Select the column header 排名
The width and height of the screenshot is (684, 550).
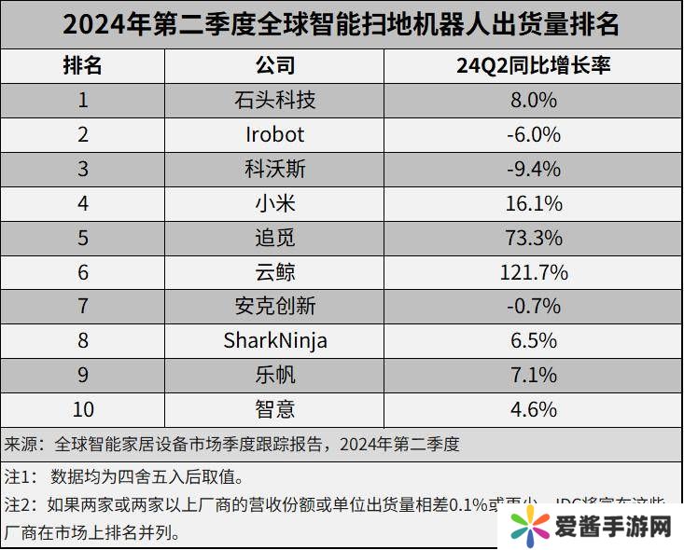pyautogui.click(x=82, y=65)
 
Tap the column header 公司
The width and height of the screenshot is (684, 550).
pyautogui.click(x=275, y=65)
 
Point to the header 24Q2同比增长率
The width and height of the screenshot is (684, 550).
pyautogui.click(x=532, y=65)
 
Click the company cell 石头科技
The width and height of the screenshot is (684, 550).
pyautogui.click(x=275, y=100)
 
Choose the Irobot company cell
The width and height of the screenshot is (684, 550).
pyautogui.click(x=275, y=134)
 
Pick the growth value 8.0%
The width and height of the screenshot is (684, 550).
pyautogui.click(x=533, y=100)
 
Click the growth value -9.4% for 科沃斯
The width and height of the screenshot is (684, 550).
pyautogui.click(x=533, y=169)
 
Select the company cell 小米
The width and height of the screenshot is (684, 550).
pyautogui.click(x=275, y=203)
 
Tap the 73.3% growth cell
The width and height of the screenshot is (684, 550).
pyautogui.click(x=533, y=238)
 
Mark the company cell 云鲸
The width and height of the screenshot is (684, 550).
pyautogui.click(x=275, y=272)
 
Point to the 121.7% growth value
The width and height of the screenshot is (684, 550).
pyautogui.click(x=533, y=272)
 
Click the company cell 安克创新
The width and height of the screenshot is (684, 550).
pyautogui.click(x=275, y=306)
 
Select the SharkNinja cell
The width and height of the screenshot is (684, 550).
pyautogui.click(x=275, y=340)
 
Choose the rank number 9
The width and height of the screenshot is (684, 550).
pyautogui.click(x=82, y=375)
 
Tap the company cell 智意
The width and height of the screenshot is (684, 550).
pyautogui.click(x=275, y=409)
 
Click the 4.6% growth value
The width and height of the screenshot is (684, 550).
pyautogui.click(x=533, y=409)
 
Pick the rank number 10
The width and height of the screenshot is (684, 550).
pyautogui.click(x=82, y=409)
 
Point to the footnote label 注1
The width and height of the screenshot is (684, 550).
pyautogui.click(x=20, y=477)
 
